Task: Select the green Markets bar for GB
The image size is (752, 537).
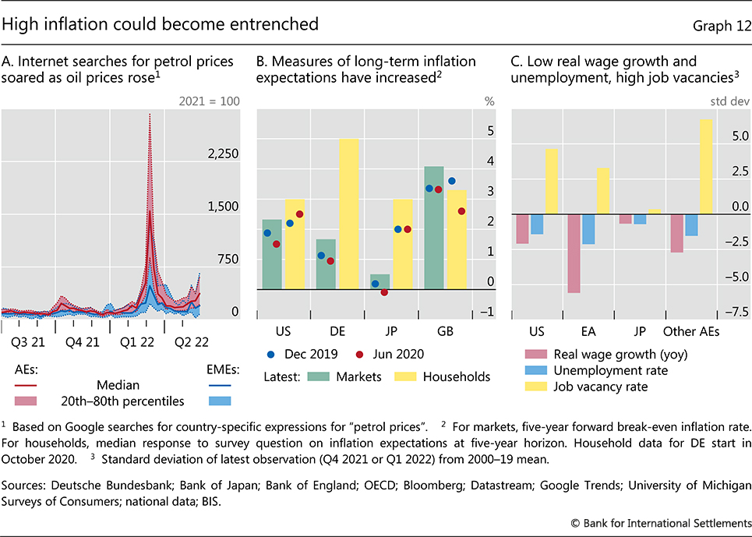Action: point(433,228)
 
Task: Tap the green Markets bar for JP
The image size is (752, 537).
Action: point(380,282)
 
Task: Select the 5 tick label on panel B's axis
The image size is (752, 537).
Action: point(490,131)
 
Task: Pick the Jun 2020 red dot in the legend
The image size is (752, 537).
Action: point(359,354)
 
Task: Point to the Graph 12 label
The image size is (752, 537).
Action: point(719,26)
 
